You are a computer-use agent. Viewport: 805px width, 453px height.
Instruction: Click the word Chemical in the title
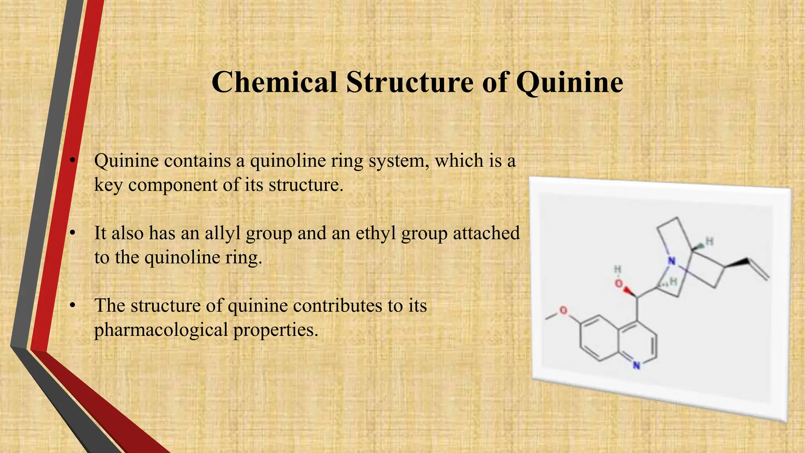(274, 83)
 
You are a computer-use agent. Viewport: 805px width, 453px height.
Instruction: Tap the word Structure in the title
(410, 83)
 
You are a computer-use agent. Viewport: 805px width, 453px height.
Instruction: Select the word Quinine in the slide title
(570, 83)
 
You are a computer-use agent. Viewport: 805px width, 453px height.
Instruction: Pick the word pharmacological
(161, 330)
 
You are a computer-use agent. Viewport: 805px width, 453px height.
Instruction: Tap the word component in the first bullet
(173, 185)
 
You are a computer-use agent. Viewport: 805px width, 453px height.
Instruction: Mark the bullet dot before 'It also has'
(72, 234)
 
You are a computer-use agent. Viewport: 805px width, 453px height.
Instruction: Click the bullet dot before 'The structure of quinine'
(72, 306)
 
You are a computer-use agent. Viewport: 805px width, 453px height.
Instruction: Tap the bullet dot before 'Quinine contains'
(72, 161)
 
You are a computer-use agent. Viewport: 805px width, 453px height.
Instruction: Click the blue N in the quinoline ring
(636, 366)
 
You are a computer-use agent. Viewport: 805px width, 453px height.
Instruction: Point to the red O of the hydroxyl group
(619, 284)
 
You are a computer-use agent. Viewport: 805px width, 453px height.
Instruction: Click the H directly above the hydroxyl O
(618, 269)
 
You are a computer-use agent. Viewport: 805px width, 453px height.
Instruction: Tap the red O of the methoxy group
(563, 311)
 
